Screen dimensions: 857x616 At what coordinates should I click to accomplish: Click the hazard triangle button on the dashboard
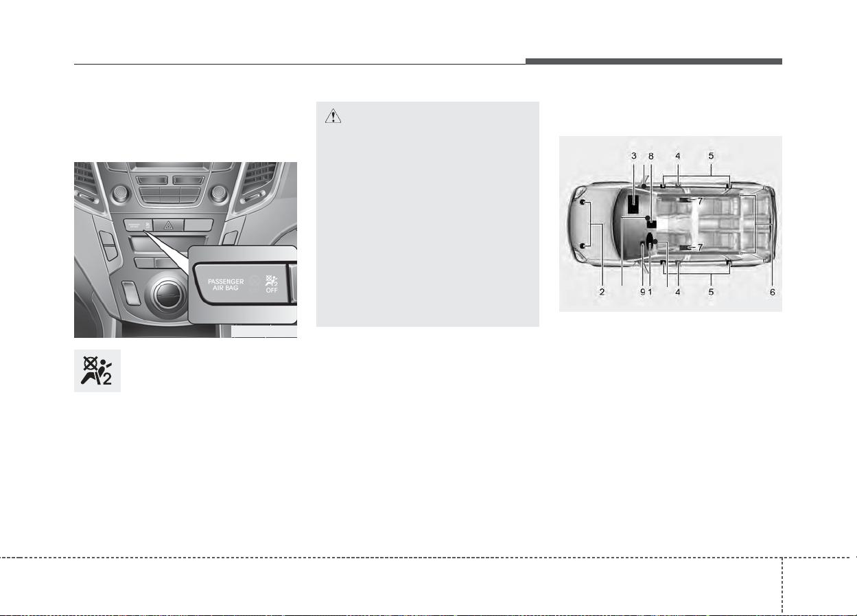[x=168, y=225]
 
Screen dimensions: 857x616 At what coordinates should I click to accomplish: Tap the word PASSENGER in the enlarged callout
[x=226, y=282]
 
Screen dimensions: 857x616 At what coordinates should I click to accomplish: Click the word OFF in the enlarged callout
[x=272, y=290]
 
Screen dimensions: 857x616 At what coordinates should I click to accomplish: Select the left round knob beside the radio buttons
[x=120, y=194]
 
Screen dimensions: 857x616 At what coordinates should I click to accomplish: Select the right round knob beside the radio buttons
[x=218, y=194]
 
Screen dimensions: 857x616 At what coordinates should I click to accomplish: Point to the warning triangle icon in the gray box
[x=333, y=115]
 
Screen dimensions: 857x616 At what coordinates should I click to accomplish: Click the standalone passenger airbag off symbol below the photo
[x=97, y=371]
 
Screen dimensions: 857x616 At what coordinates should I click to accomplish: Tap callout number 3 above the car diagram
[x=634, y=156]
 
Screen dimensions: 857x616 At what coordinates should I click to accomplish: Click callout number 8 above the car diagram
[x=650, y=156]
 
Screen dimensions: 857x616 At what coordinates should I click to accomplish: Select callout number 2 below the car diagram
[x=602, y=292]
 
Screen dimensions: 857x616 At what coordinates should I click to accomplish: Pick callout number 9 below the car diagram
[x=643, y=292]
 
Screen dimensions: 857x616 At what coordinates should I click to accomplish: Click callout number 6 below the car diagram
[x=773, y=292]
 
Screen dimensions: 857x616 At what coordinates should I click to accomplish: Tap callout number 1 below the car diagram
[x=650, y=292]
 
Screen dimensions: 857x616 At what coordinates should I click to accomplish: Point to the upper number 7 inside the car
[x=700, y=201]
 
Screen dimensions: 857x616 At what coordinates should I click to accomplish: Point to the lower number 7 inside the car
[x=700, y=248]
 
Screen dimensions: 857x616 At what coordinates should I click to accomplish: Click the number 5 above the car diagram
[x=711, y=156]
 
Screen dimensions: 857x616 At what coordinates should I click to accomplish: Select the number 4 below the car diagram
[x=677, y=292]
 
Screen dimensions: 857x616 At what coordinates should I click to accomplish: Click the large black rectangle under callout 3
[x=634, y=204]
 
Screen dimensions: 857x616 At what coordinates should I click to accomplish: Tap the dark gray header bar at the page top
[x=654, y=61]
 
